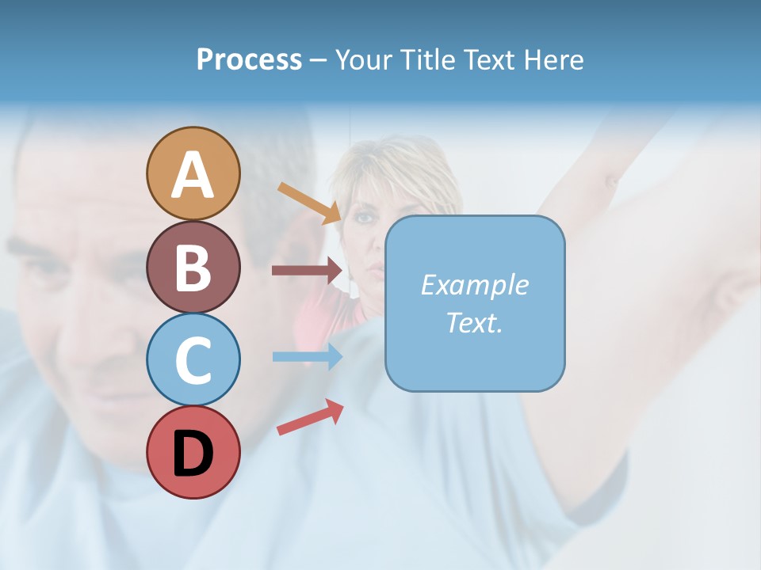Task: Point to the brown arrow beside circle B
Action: (306, 271)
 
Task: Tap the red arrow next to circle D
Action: (310, 417)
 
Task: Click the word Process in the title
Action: (249, 59)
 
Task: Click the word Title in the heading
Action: (428, 59)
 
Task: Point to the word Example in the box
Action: (474, 285)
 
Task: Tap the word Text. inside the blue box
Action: (474, 323)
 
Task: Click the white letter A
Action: (193, 174)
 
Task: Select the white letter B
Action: (193, 268)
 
